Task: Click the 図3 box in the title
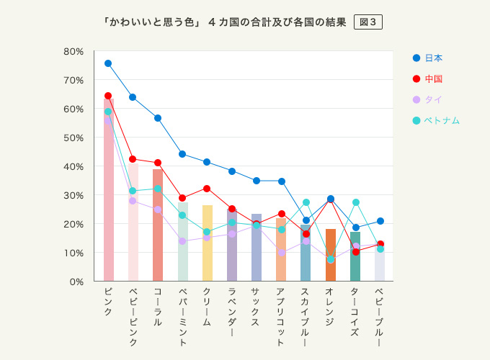(x=367, y=22)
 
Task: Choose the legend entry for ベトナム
(x=436, y=120)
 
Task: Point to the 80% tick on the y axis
(x=74, y=51)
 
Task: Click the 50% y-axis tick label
(x=74, y=138)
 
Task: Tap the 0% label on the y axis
(x=76, y=282)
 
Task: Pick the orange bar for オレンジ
(x=331, y=255)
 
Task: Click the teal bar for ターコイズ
(x=355, y=256)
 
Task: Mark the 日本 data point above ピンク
(x=108, y=63)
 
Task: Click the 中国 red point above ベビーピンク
(x=133, y=159)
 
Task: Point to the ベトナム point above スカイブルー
(x=306, y=202)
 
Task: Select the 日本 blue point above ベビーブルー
(x=380, y=221)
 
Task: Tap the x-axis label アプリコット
(x=282, y=317)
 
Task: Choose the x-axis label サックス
(x=257, y=308)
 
